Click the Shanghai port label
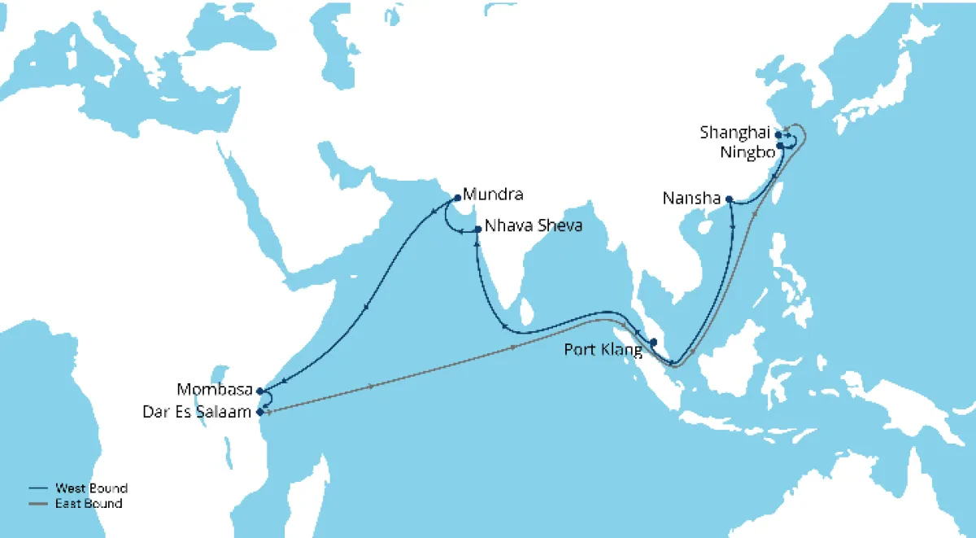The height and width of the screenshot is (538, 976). tap(735, 132)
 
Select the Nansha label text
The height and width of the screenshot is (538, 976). tap(693, 198)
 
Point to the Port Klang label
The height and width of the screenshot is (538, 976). tap(602, 350)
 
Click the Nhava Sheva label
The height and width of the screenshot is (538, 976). tap(534, 225)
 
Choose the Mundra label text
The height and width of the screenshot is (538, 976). tap(492, 195)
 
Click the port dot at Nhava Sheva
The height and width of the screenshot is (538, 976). tap(477, 229)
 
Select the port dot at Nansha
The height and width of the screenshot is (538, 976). tap(730, 199)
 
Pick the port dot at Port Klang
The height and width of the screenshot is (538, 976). tap(653, 342)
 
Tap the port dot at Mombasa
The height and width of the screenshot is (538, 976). tap(259, 391)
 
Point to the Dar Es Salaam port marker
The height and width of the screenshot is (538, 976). tap(259, 412)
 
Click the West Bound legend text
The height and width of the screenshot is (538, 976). tap(91, 488)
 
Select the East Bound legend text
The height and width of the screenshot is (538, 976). tap(89, 504)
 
